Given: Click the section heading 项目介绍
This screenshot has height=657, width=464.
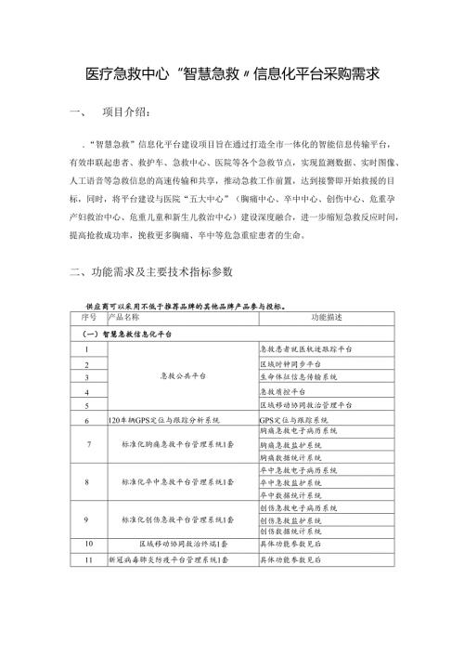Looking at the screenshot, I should click(x=122, y=114).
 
